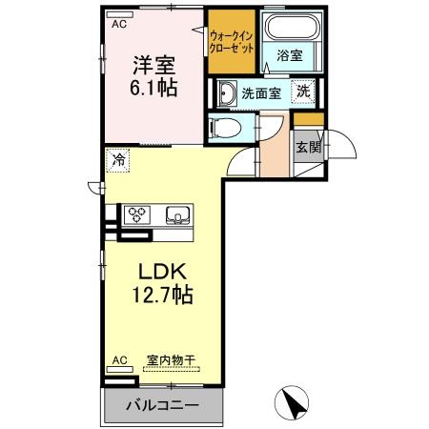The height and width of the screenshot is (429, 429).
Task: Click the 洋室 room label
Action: point(153,66)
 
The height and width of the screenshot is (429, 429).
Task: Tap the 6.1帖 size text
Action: point(153,88)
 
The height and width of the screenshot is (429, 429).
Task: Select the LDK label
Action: point(153,271)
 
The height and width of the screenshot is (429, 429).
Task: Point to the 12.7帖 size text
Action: point(153,295)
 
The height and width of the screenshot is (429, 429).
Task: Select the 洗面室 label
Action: point(260,93)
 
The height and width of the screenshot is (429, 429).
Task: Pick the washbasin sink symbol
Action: point(225,93)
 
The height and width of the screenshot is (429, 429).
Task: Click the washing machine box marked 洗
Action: point(302,92)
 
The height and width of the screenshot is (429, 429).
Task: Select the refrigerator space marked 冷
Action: point(118,160)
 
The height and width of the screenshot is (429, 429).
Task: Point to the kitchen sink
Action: point(177,214)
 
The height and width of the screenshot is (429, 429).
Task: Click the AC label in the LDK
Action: point(119,360)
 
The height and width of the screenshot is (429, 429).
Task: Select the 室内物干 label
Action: point(171,360)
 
